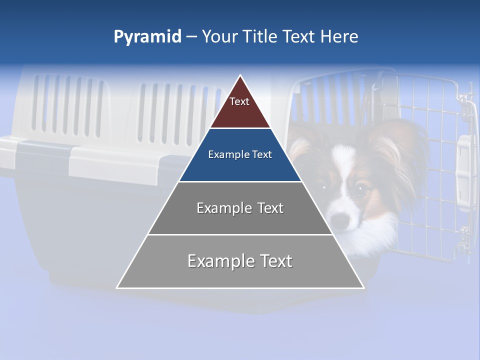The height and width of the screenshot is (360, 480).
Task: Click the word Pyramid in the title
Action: tap(147, 37)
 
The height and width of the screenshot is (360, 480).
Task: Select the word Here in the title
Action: tap(339, 36)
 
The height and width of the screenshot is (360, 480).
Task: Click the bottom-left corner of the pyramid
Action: tap(117, 287)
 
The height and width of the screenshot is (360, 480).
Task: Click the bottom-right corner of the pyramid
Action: tap(363, 287)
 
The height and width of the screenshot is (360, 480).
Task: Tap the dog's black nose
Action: tap(339, 220)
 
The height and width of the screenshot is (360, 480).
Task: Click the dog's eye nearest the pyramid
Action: tap(323, 187)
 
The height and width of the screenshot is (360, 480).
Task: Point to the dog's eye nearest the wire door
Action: tap(359, 189)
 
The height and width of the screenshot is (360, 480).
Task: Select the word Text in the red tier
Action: tap(239, 101)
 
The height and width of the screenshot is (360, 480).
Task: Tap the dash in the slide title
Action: tap(191, 37)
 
